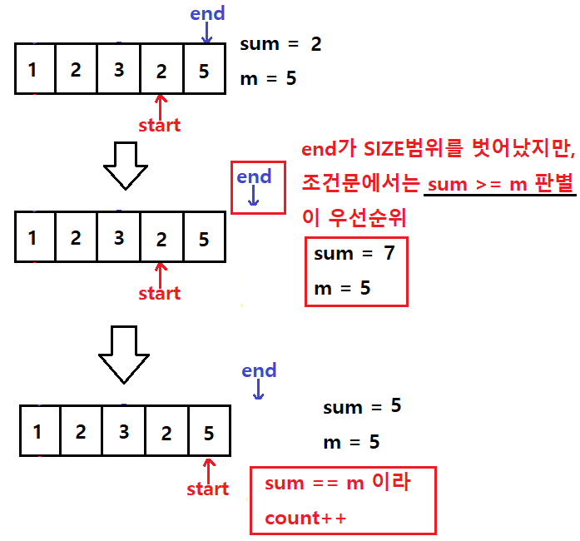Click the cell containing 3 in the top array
119,69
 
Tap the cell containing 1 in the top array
35,69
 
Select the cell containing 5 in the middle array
205,237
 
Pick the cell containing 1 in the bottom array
40,431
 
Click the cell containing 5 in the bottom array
210,431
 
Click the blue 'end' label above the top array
207,13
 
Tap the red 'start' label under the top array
160,125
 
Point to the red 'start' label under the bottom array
207,489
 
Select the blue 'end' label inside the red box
254,176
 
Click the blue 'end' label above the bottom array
259,370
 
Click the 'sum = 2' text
280,44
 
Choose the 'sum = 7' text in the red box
354,254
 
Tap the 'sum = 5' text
362,406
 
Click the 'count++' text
305,518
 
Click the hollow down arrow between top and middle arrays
126,166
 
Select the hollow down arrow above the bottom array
124,355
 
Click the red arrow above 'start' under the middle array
160,274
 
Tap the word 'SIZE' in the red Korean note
384,149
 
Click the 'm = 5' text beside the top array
268,78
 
